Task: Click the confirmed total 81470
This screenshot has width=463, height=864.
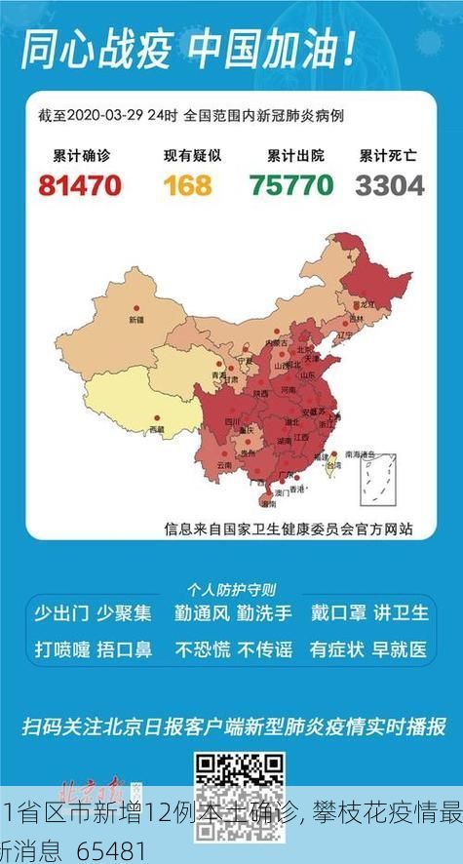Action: pyautogui.click(x=80, y=184)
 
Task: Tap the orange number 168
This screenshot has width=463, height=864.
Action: pyautogui.click(x=187, y=184)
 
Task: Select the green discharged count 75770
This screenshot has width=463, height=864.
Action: pyautogui.click(x=290, y=184)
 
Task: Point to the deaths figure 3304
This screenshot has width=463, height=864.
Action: pyautogui.click(x=390, y=184)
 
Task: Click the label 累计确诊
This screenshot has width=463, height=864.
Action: pyautogui.click(x=79, y=155)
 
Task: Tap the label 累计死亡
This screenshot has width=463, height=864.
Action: pyautogui.click(x=389, y=155)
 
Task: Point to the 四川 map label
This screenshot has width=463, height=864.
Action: pyautogui.click(x=233, y=421)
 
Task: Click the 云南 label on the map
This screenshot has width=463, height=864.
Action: pyautogui.click(x=225, y=465)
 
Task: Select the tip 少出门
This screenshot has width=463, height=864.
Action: pyautogui.click(x=61, y=613)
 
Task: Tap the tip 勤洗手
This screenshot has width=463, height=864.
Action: pyautogui.click(x=259, y=613)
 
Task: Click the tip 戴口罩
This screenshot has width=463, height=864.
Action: pyautogui.click(x=338, y=613)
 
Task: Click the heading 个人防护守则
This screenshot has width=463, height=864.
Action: pyautogui.click(x=231, y=590)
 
